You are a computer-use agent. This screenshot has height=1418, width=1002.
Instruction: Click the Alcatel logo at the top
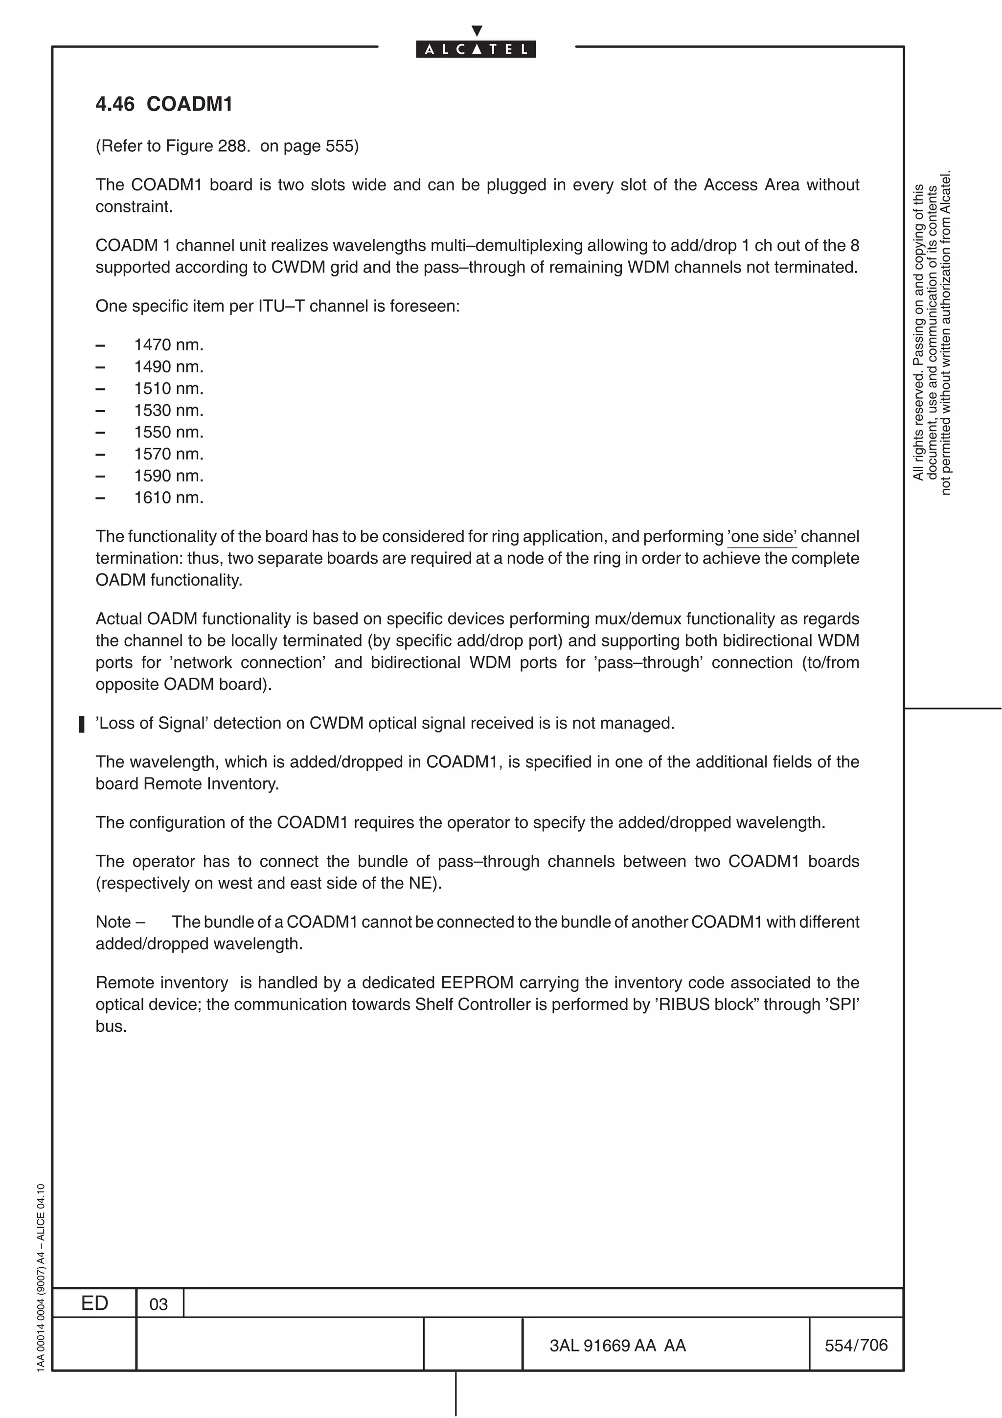tap(476, 48)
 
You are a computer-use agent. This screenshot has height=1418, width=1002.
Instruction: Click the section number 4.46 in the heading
tap(115, 104)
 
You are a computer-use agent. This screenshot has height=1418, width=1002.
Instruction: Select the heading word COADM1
tap(189, 104)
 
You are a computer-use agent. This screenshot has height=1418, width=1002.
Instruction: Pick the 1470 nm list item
tap(168, 344)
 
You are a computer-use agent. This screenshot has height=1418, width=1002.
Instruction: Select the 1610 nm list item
tap(168, 498)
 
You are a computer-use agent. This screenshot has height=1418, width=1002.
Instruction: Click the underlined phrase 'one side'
tap(762, 536)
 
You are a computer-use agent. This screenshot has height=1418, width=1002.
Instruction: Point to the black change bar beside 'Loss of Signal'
tap(82, 724)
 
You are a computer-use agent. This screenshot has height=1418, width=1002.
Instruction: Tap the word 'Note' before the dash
tap(114, 922)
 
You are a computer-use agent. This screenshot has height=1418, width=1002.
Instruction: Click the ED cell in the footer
tap(94, 1303)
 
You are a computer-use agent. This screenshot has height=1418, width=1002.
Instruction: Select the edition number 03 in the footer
tap(159, 1304)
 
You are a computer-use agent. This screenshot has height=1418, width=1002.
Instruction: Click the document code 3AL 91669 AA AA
tap(617, 1345)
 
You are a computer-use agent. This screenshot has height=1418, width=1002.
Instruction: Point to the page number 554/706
tap(856, 1345)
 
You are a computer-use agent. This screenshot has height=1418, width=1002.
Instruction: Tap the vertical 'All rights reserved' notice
tap(932, 334)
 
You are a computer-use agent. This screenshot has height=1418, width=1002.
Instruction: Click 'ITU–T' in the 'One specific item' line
tap(281, 306)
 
